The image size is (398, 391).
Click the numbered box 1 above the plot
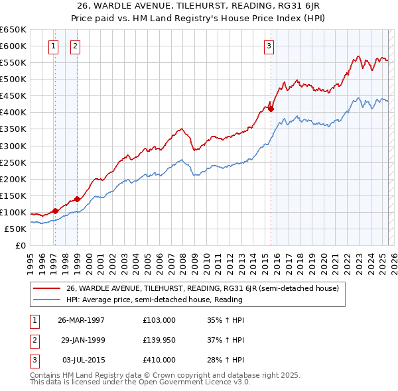click(53, 46)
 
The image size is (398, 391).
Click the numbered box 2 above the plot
click(75, 46)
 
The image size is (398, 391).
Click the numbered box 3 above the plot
click(269, 46)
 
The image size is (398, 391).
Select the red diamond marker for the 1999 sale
click(78, 198)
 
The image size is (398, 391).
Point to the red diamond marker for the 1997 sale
click(56, 211)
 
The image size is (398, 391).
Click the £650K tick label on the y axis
click(13, 30)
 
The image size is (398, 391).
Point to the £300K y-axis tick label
click(13, 146)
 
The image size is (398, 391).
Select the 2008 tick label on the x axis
click(182, 258)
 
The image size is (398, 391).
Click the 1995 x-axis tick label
click(31, 258)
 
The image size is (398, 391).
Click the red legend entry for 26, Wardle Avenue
click(202, 288)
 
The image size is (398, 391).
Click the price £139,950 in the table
click(159, 340)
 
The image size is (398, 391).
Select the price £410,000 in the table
click(159, 360)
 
